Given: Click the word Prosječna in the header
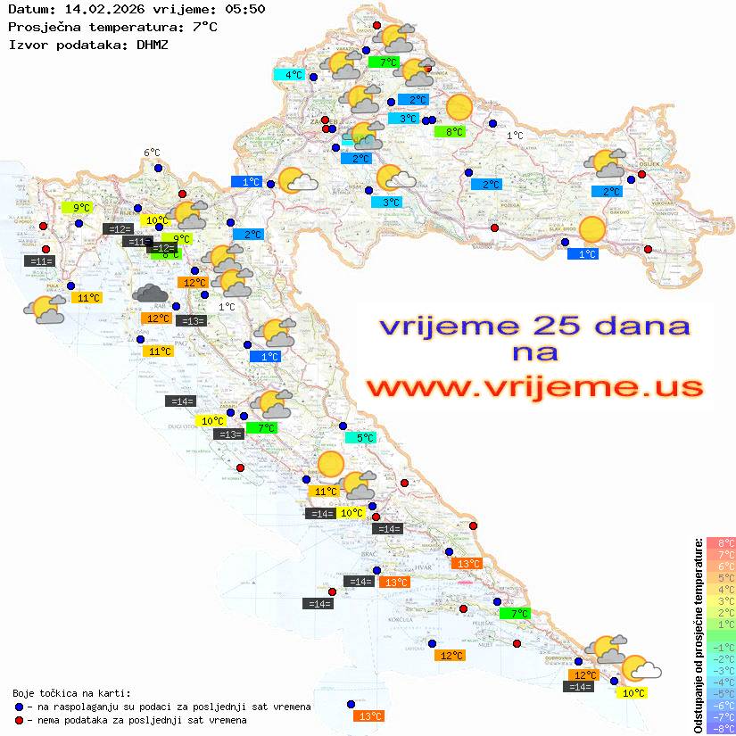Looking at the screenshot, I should pos(41,26).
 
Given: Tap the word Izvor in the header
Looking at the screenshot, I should pos(26,43).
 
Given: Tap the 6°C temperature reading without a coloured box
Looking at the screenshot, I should pos(152,153).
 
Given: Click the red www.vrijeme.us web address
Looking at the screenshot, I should pos(534,386).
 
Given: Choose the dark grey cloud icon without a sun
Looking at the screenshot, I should pos(150,293).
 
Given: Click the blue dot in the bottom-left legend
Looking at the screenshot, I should pos(19,707).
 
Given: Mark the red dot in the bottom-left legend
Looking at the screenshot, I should pos(19,720).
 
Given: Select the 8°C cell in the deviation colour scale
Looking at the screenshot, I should pos(720,542).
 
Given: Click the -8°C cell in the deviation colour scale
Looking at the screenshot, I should pos(720,728).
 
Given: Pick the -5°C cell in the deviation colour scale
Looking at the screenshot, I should pos(720,693).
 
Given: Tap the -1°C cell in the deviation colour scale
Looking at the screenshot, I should pos(720,647).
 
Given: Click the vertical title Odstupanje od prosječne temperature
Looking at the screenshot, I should pos(698,635).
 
